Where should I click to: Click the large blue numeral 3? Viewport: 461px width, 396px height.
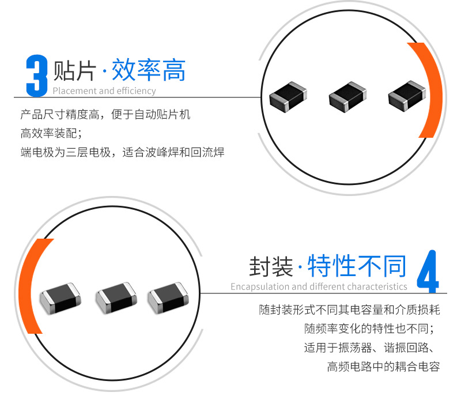click(37, 76)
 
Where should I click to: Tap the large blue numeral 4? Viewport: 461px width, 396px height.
click(428, 271)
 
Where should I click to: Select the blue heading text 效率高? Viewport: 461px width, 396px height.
click(149, 70)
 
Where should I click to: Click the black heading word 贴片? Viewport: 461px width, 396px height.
click(75, 70)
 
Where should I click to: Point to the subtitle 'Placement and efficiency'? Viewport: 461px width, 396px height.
click(104, 91)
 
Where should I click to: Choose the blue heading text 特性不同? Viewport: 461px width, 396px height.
click(357, 266)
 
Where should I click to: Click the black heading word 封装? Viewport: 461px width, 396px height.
click(271, 266)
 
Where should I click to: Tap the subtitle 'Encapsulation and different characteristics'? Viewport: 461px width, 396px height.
click(319, 286)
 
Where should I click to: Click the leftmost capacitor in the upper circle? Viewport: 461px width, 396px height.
click(288, 96)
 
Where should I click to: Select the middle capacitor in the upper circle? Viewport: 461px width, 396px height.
click(348, 97)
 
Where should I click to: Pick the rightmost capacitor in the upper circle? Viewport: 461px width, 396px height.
click(407, 96)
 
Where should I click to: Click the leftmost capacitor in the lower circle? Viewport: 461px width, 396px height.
click(61, 298)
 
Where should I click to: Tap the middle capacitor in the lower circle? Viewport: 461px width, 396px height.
click(116, 297)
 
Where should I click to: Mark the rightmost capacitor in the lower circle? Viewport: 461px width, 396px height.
click(168, 297)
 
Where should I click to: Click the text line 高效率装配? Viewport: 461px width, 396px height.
click(51, 134)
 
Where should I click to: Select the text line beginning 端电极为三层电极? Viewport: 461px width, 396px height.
click(122, 152)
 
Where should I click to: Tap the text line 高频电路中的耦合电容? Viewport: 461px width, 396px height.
click(383, 367)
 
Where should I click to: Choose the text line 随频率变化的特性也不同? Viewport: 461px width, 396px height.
click(369, 329)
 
